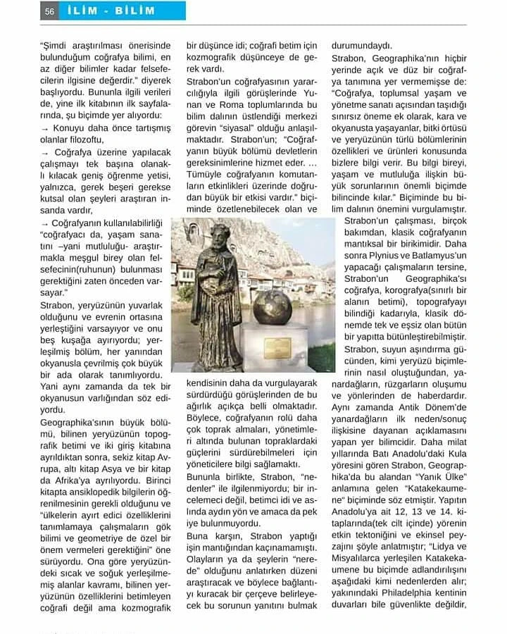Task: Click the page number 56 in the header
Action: point(49,11)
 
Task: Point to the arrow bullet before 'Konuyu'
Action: point(45,128)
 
